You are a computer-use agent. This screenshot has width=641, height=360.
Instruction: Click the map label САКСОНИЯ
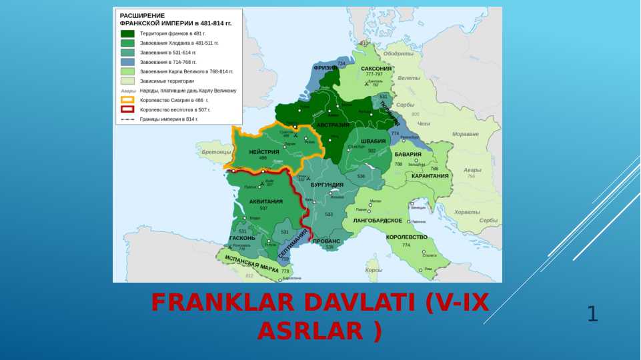(x=376, y=69)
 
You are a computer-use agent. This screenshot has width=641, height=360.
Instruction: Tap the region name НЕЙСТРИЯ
(x=264, y=152)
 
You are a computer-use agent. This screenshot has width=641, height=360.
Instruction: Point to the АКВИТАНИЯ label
(x=266, y=201)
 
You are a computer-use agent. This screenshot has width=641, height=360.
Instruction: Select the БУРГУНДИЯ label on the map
(x=327, y=185)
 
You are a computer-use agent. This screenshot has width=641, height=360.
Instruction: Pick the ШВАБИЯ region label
(x=373, y=141)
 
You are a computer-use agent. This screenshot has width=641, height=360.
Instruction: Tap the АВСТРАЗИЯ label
(x=333, y=125)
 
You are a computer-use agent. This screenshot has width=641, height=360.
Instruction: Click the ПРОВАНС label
(x=326, y=241)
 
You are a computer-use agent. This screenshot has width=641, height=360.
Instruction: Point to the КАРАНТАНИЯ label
(x=430, y=176)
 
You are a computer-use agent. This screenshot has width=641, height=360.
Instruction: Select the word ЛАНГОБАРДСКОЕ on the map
(x=378, y=220)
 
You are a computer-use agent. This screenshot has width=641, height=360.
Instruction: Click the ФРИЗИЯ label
(x=325, y=68)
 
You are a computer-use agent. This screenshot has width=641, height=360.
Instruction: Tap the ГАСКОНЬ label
(x=242, y=238)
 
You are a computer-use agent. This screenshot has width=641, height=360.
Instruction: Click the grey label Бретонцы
(x=216, y=152)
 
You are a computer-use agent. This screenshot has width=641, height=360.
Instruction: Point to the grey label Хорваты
(x=467, y=212)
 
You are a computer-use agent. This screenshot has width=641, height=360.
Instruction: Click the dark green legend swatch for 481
(x=127, y=33)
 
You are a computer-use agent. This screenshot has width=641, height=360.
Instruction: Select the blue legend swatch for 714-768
(x=127, y=61)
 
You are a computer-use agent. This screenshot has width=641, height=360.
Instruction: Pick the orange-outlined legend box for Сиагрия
(x=127, y=100)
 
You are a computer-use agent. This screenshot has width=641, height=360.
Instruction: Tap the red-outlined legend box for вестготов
(x=127, y=109)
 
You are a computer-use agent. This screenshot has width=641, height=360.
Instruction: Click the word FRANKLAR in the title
(x=223, y=303)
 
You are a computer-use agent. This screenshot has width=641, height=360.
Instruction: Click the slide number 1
(x=592, y=313)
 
